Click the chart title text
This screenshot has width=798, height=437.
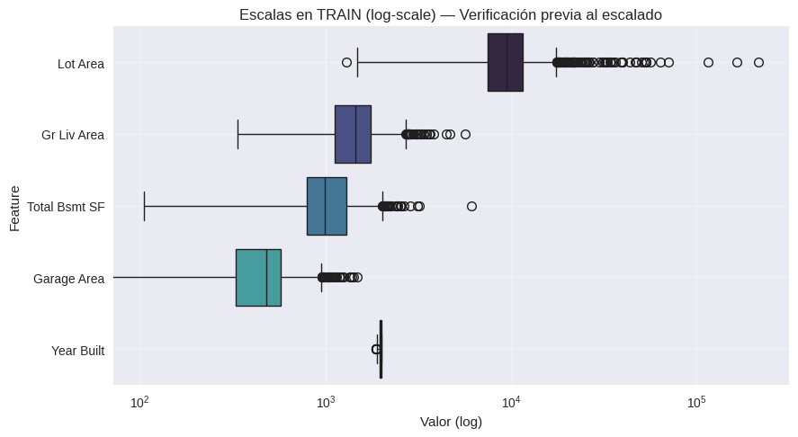(450, 14)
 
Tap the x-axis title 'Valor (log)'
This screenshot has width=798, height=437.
(451, 422)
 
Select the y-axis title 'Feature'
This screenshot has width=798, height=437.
(15, 207)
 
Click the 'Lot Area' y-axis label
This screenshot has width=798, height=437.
(80, 64)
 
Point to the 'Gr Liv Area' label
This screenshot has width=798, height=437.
(73, 135)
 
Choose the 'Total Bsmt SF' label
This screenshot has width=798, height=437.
(66, 207)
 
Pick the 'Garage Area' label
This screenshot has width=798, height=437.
(68, 279)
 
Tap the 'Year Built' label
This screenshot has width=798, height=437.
(78, 351)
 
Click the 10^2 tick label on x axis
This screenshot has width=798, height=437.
(139, 402)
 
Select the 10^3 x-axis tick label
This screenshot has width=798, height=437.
(326, 402)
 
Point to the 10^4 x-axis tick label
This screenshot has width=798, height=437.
(511, 402)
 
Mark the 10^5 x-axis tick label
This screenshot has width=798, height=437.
(696, 402)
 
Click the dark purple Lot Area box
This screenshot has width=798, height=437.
(505, 63)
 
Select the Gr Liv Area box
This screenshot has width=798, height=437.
(353, 134)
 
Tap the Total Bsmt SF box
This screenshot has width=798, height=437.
(327, 206)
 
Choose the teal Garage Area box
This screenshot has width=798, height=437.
(258, 278)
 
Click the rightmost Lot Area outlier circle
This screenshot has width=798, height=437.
(758, 62)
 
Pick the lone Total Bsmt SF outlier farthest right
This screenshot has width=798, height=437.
(471, 206)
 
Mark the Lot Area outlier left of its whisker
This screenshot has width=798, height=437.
(346, 62)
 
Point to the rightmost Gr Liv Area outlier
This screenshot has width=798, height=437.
(465, 134)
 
